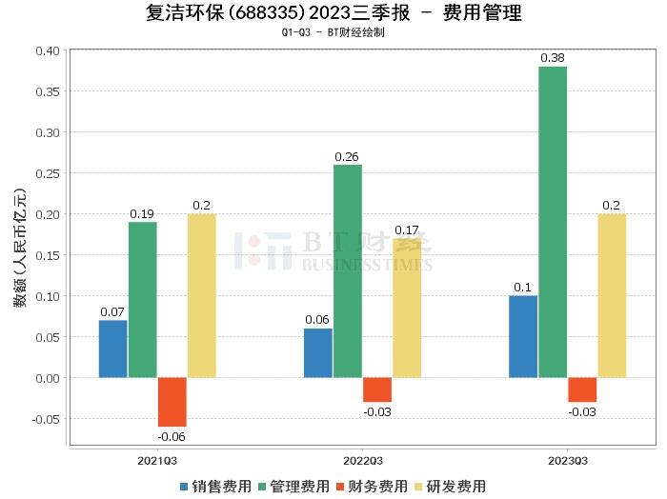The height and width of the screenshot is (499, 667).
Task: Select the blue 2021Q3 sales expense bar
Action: [x=112, y=349]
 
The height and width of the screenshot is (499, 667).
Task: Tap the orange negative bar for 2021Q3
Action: [x=172, y=402]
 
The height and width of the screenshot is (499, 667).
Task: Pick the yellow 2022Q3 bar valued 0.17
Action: [x=407, y=308]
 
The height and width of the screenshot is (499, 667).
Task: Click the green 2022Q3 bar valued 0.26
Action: [x=348, y=271]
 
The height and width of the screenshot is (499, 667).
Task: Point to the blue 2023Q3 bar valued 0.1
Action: [x=523, y=336]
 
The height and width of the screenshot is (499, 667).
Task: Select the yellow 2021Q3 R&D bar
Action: [x=202, y=295]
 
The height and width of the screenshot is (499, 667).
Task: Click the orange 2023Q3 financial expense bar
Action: [x=582, y=389]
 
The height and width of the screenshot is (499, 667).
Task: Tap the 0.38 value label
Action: [x=553, y=58]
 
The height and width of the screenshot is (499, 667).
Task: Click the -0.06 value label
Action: [x=172, y=436]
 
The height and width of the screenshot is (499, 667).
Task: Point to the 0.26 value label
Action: [x=348, y=156]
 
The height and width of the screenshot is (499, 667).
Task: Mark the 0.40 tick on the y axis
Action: [x=46, y=50]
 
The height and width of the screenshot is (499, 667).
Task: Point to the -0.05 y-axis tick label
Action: [x=43, y=419]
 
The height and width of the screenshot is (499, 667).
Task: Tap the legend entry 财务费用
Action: [x=368, y=486]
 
